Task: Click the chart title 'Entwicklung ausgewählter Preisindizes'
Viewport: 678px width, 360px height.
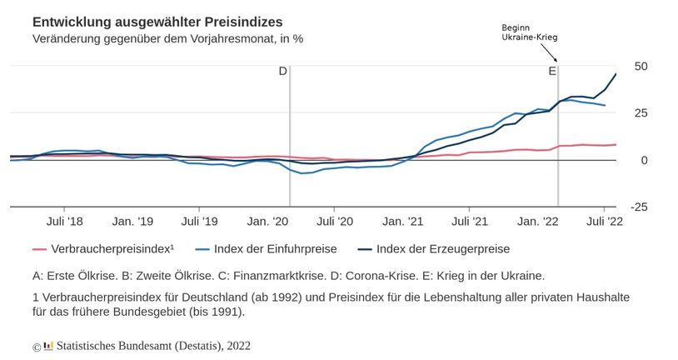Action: pyautogui.click(x=157, y=20)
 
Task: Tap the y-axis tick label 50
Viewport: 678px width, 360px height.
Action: pyautogui.click(x=641, y=66)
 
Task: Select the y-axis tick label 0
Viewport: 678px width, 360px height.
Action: pyautogui.click(x=644, y=160)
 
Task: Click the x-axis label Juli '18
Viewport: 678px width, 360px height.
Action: pyautogui.click(x=65, y=222)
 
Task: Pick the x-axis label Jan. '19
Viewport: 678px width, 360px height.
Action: pyautogui.click(x=133, y=222)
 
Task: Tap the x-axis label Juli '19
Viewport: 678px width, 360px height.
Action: pyautogui.click(x=200, y=222)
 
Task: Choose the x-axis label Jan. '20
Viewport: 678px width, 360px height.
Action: pyautogui.click(x=268, y=222)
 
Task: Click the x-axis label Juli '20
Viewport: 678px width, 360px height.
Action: pyautogui.click(x=335, y=222)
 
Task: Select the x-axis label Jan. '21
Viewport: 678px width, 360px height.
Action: pyautogui.click(x=403, y=222)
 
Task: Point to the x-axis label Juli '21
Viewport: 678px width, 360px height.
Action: pyautogui.click(x=470, y=222)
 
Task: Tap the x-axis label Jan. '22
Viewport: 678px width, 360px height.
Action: pyautogui.click(x=538, y=222)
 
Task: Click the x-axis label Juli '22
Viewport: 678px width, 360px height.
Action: pyautogui.click(x=605, y=222)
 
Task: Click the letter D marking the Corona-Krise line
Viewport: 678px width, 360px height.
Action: pyautogui.click(x=282, y=72)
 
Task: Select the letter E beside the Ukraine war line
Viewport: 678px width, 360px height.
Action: pyautogui.click(x=551, y=72)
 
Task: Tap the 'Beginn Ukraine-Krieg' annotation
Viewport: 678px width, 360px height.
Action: pyautogui.click(x=528, y=33)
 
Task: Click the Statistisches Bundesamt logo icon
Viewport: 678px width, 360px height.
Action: pyautogui.click(x=48, y=345)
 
